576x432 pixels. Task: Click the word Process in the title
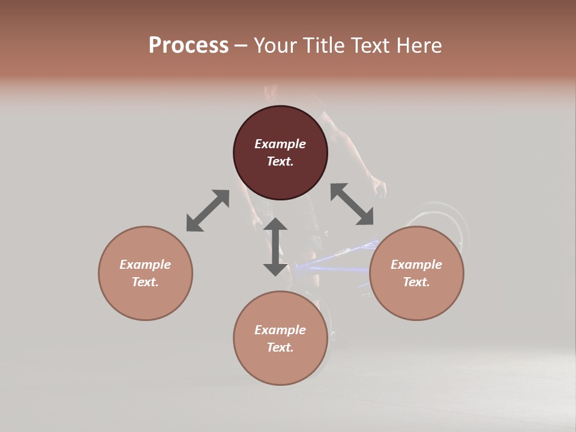click(x=188, y=46)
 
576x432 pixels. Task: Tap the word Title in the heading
click(x=325, y=46)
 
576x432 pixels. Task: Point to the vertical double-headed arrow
click(x=275, y=247)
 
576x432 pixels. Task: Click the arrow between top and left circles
click(x=208, y=211)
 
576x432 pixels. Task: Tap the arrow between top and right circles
click(x=352, y=204)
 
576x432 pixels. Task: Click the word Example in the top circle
click(x=280, y=144)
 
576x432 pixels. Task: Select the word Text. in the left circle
click(x=145, y=282)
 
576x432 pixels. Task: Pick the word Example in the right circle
click(x=416, y=265)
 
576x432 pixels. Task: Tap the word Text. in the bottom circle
click(x=280, y=347)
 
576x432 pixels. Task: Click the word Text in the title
click(x=372, y=46)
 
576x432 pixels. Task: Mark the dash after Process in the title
click(x=241, y=46)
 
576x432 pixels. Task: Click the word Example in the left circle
click(x=145, y=265)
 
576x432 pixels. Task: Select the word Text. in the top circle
click(x=280, y=161)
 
